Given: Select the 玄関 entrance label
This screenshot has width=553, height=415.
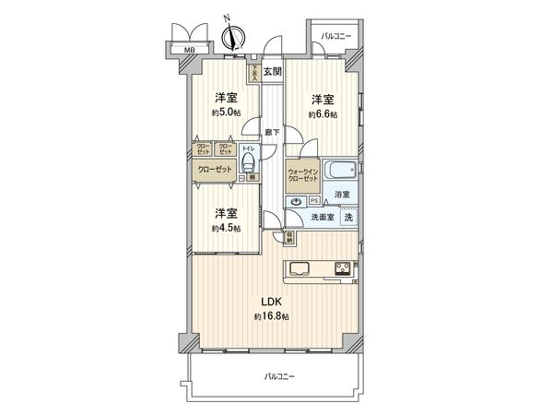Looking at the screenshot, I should tap(273, 72).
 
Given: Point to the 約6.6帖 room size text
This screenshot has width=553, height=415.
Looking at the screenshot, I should tap(322, 114).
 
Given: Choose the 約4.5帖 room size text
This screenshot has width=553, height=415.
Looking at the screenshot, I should tap(227, 228).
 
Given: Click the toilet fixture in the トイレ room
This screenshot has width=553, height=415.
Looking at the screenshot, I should tap(247, 163).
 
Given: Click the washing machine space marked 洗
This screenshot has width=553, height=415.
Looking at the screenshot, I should tap(348, 217).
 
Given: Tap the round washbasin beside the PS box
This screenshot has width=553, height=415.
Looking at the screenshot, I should tap(296, 202).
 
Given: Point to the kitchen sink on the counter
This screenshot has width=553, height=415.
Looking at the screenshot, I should tap(302, 269).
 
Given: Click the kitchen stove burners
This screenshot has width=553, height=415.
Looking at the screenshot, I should tap(341, 269).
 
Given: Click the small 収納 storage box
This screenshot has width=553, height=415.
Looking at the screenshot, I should tap(289, 237).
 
